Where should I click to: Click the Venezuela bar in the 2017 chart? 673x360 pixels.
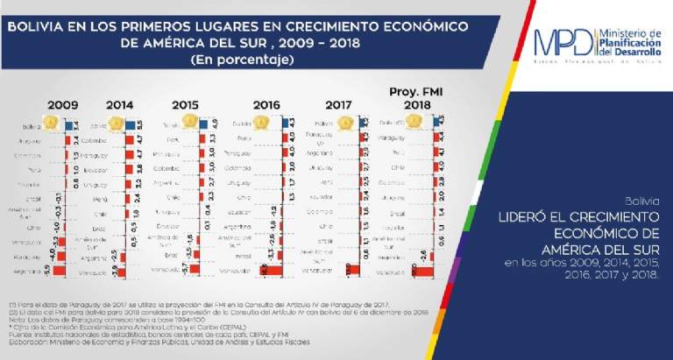point(350,271)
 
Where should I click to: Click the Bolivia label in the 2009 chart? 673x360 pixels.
point(32,127)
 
